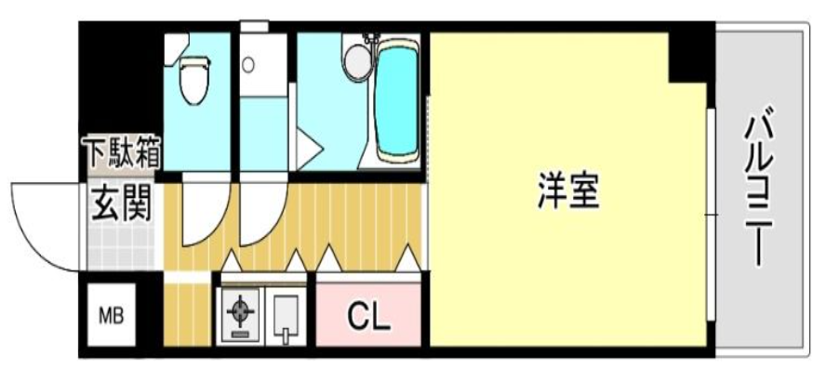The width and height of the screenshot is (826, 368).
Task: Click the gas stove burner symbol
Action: coord(240,310)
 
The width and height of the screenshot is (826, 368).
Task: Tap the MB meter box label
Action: coord(111,317)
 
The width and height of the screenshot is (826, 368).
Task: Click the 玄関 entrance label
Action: coord(122,204)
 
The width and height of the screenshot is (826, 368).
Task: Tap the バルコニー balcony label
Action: coord(759,191)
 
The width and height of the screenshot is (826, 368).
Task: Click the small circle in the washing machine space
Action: coord(248,65)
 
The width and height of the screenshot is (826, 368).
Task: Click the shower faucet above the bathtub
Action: coord(373,39)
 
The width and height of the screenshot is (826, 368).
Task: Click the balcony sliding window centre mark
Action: coord(712,216)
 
